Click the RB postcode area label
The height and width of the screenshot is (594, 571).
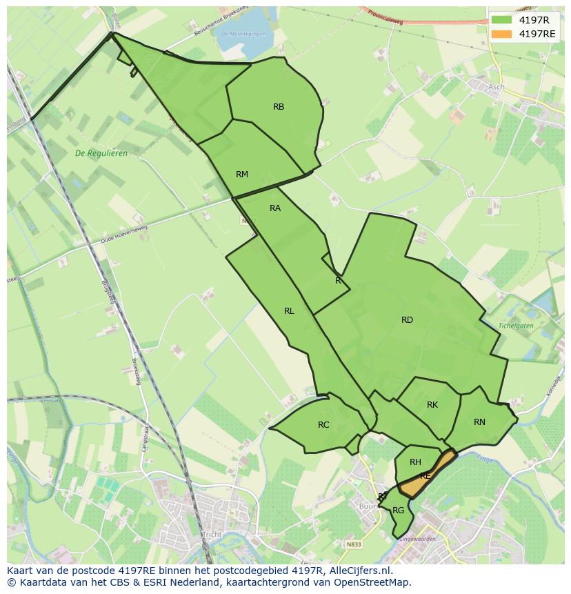tap(279, 107)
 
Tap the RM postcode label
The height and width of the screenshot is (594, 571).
tap(241, 175)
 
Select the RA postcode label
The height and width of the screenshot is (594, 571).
tap(275, 208)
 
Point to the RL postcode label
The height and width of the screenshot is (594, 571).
tap(289, 311)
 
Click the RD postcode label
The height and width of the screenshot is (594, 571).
tap(407, 320)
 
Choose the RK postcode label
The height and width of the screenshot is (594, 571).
tap(432, 405)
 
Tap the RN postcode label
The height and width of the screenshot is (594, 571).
tap(479, 422)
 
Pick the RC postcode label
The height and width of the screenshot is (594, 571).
tap(323, 425)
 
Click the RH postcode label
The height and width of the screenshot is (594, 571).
tap(415, 462)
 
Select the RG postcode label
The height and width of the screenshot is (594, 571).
tap(398, 511)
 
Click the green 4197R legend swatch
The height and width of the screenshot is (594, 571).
tap(501, 20)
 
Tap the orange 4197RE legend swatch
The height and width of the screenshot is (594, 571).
tap(501, 34)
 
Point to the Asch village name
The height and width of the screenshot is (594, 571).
tap(496, 88)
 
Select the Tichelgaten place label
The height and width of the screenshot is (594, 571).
tap(517, 326)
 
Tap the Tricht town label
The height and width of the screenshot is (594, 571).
tap(211, 535)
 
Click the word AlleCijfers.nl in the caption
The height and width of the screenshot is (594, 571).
tap(359, 571)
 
